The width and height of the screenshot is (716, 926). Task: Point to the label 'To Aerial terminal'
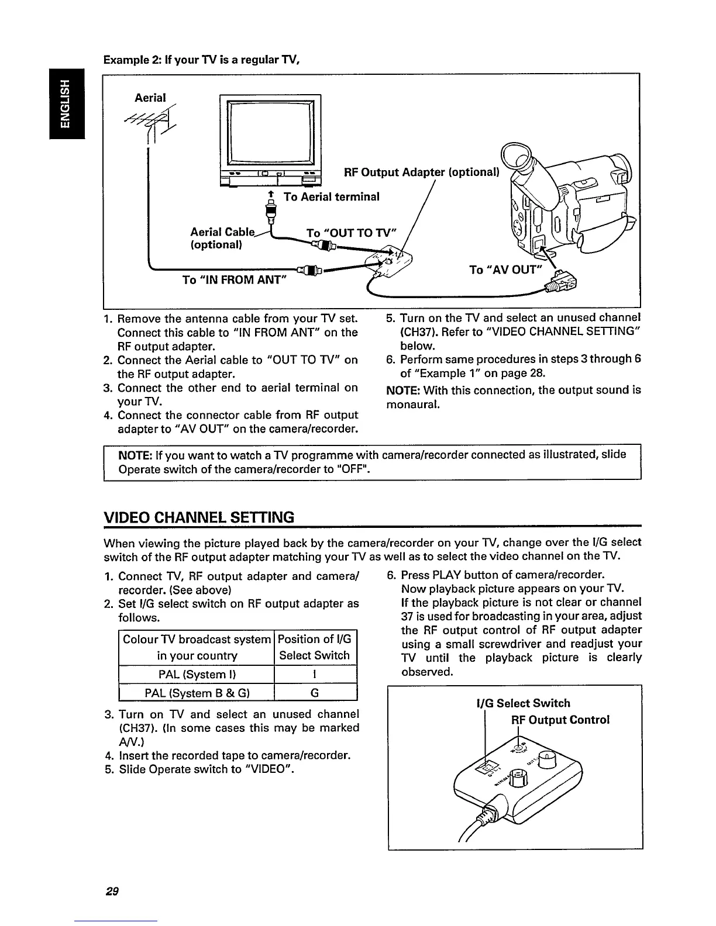click(x=331, y=196)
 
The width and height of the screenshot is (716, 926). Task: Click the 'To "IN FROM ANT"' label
click(x=234, y=280)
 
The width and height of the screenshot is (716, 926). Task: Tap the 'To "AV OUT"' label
click(x=506, y=269)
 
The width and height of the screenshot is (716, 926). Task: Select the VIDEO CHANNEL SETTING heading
click(x=198, y=517)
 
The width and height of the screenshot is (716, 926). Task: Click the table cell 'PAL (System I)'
click(x=196, y=674)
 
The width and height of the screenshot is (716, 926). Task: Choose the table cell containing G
click(x=315, y=693)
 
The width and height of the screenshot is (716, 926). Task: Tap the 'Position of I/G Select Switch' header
click(x=315, y=647)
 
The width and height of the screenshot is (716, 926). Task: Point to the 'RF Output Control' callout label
click(x=560, y=719)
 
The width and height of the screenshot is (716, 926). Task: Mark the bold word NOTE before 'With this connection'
click(x=402, y=390)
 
